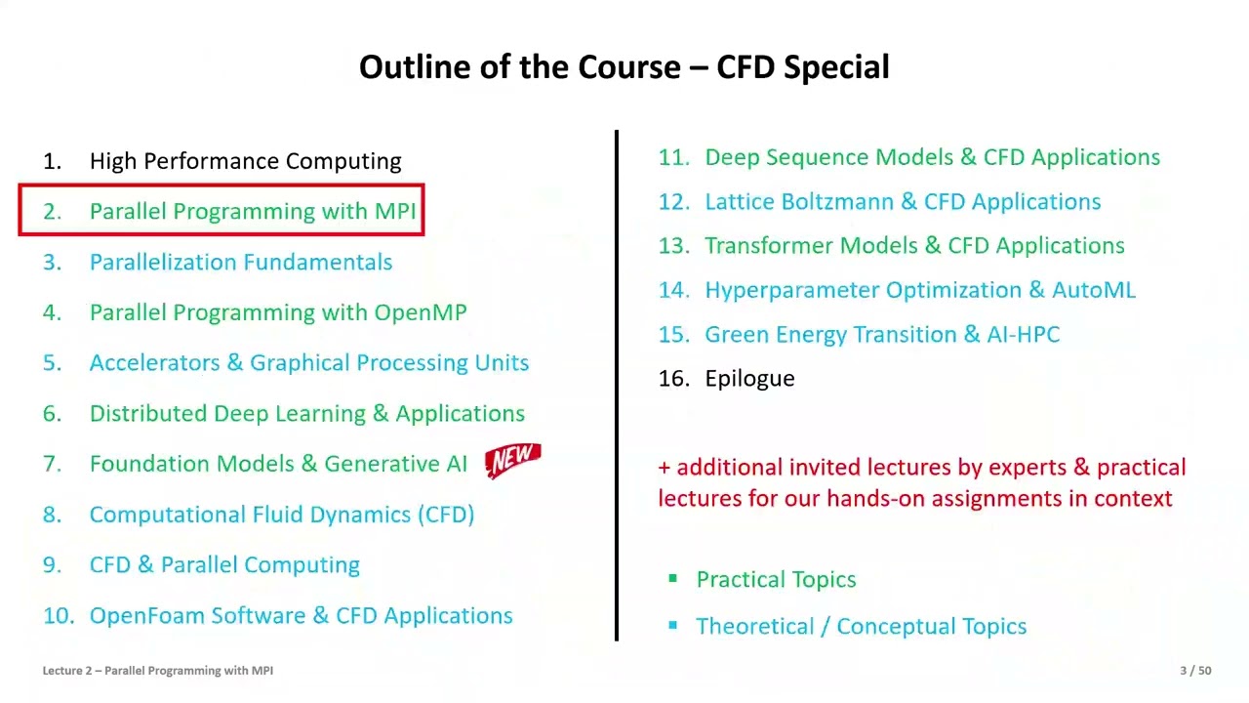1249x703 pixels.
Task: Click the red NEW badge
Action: (x=513, y=460)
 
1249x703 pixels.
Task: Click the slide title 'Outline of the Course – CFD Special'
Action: (x=624, y=67)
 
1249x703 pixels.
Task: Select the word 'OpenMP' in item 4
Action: (x=421, y=312)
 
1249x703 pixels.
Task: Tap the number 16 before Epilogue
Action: (x=673, y=379)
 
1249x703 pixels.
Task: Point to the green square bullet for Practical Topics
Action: (x=672, y=579)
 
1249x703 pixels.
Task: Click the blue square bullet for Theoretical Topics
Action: (x=672, y=626)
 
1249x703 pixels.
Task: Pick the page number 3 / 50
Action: (x=1195, y=671)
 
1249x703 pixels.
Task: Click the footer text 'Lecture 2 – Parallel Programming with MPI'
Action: (x=157, y=671)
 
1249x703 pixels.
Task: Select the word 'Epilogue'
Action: (x=749, y=379)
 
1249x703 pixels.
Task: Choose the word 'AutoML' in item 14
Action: (x=1093, y=290)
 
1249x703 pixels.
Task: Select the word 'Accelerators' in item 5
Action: (x=154, y=363)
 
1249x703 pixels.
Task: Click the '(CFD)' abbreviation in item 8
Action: (x=446, y=515)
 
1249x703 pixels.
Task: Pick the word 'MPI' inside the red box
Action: (x=395, y=212)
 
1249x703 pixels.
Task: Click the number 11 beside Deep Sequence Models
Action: (x=673, y=158)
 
